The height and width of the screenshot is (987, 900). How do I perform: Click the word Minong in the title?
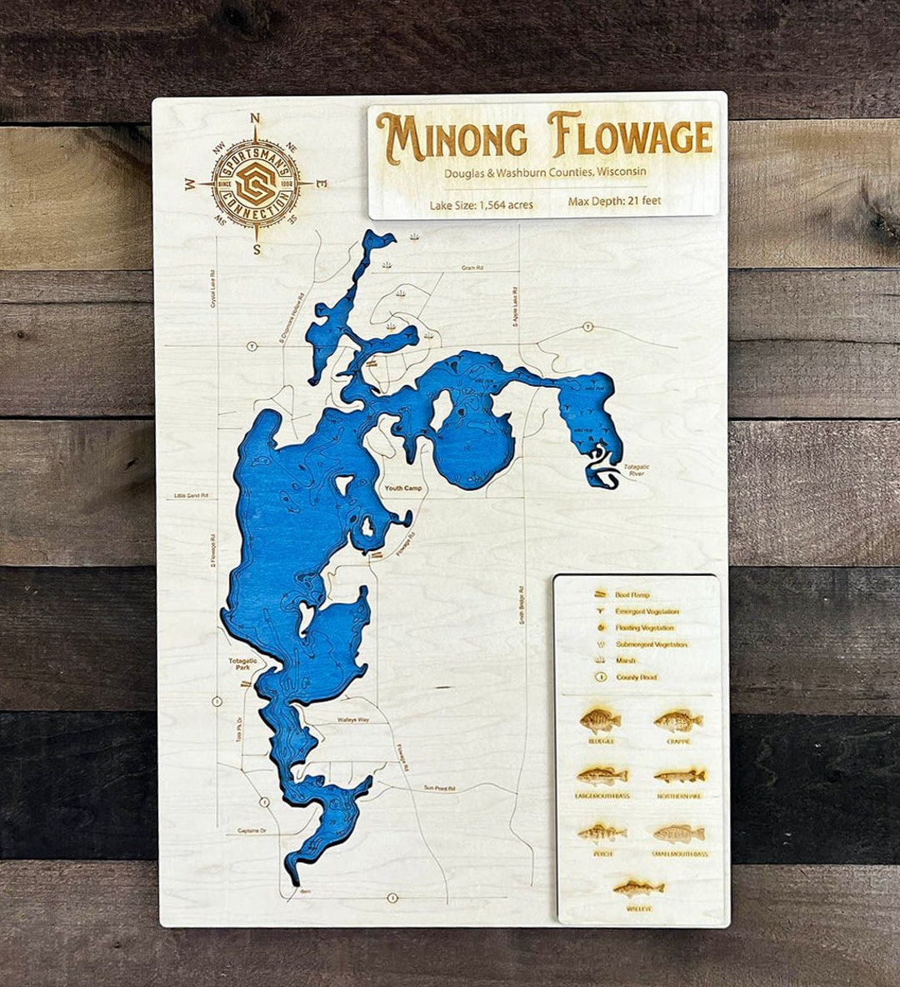point(451,138)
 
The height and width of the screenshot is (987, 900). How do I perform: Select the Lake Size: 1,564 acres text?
point(481,204)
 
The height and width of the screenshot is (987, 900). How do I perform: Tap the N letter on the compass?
point(256,118)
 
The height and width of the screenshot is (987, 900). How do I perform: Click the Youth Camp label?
point(402,488)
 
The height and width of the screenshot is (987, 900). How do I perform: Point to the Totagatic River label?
point(636,470)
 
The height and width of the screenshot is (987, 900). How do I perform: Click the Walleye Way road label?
point(352,719)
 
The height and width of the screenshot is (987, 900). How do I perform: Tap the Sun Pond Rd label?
point(439,788)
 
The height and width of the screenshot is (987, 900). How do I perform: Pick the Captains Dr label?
point(252,830)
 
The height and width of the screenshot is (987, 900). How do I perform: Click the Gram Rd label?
point(472,268)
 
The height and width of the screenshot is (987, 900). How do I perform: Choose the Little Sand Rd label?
point(191,496)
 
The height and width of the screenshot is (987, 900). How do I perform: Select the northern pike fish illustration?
point(678,776)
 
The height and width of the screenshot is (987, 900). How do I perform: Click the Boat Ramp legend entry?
point(632,595)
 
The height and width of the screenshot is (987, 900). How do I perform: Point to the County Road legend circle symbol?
point(600,677)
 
